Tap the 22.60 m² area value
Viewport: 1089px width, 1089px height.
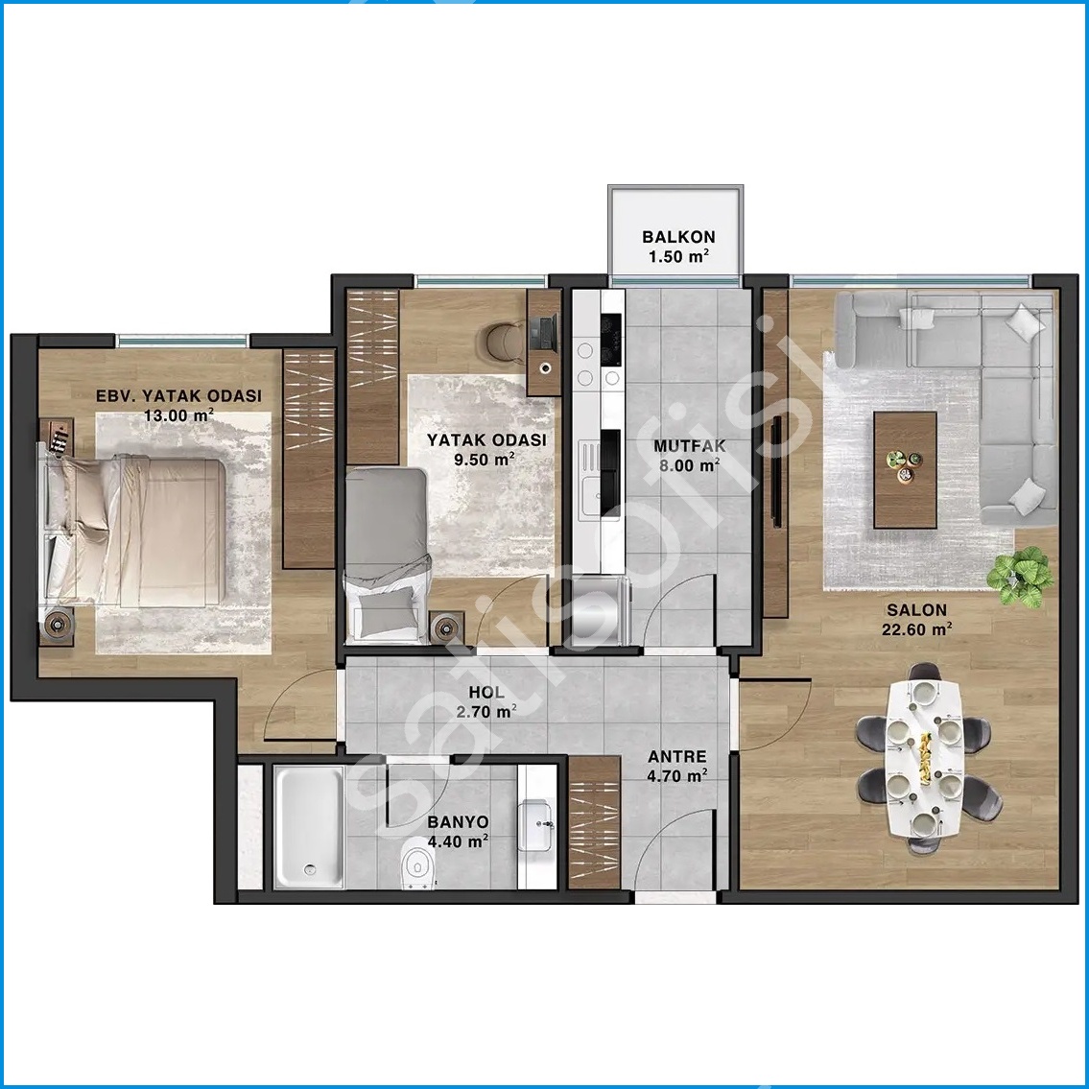click(x=916, y=629)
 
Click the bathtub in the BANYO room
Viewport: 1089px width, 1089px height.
click(x=308, y=826)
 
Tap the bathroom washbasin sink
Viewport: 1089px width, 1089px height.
click(x=535, y=824)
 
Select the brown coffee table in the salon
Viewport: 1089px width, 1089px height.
click(x=905, y=470)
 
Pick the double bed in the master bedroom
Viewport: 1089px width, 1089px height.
click(x=132, y=532)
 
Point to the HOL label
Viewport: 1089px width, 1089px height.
click(x=486, y=693)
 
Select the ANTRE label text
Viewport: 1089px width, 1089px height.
click(x=677, y=757)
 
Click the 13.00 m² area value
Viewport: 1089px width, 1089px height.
click(x=178, y=415)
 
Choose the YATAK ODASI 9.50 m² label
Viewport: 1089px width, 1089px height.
click(x=486, y=449)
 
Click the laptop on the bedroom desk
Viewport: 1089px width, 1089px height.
click(x=542, y=333)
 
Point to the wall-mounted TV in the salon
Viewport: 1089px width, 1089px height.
click(x=776, y=471)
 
